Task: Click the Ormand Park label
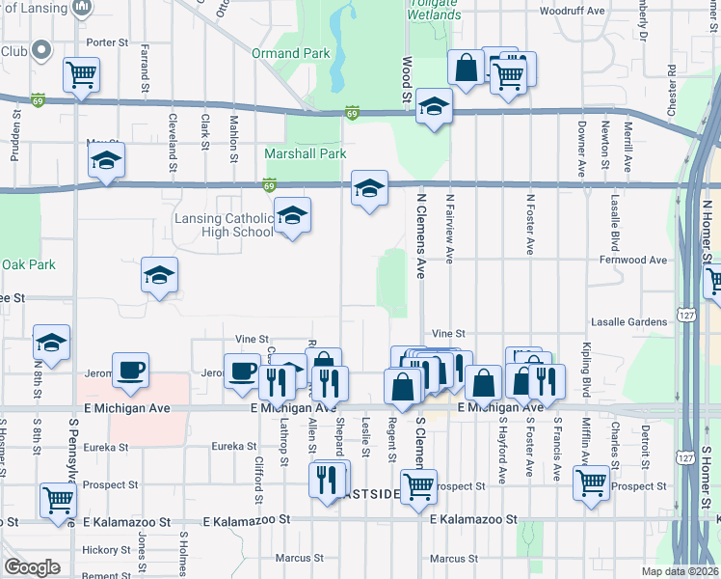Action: click(x=291, y=54)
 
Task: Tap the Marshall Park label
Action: click(x=305, y=153)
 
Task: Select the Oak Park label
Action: click(x=28, y=264)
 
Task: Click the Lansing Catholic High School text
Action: click(x=224, y=225)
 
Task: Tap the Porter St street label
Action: click(x=107, y=42)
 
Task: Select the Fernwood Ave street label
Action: click(x=632, y=261)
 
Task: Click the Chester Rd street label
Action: click(x=671, y=86)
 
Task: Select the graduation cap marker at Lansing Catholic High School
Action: click(x=292, y=215)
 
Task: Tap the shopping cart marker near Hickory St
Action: click(x=59, y=500)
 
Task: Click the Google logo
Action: click(x=32, y=567)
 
